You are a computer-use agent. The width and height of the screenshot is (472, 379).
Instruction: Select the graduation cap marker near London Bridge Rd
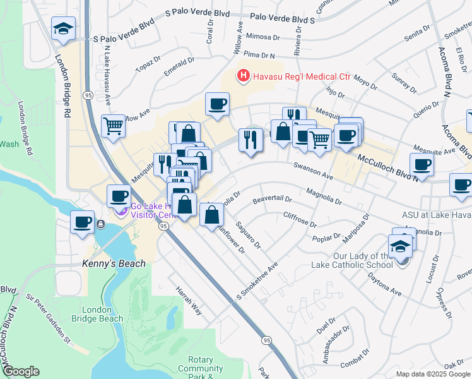(63, 29)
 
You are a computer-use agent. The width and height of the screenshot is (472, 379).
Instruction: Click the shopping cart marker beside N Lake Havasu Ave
(113, 125)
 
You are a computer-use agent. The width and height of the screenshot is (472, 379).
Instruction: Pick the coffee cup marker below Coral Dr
(217, 104)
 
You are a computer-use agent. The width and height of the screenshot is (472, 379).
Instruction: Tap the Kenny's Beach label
(114, 263)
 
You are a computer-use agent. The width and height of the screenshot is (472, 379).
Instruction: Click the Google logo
(21, 371)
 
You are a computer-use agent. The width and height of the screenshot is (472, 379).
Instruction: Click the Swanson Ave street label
(313, 171)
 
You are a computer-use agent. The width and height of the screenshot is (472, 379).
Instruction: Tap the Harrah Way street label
(188, 304)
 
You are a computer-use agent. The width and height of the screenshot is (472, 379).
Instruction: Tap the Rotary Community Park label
(201, 369)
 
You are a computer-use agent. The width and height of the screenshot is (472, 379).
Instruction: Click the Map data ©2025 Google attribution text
(433, 373)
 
